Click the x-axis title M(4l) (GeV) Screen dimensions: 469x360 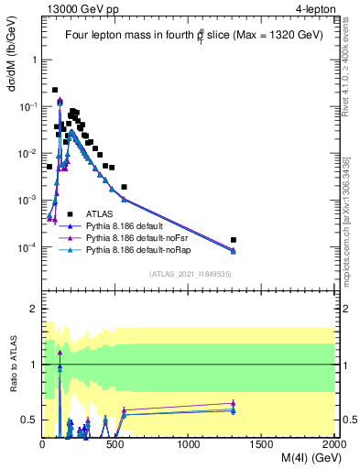click(296, 459)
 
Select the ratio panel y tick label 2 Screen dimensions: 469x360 click(34, 309)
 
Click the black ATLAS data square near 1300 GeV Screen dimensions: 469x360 click(234, 240)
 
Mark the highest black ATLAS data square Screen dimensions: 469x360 click(55, 90)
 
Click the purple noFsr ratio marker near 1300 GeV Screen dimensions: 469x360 click(234, 403)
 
